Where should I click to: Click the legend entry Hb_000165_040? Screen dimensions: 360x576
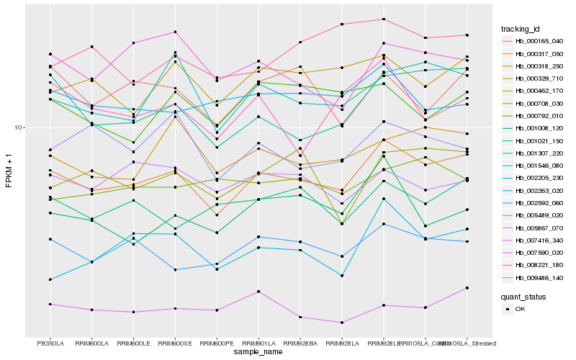pyautogui.click(x=539, y=41)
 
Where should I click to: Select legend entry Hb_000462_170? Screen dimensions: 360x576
pyautogui.click(x=539, y=91)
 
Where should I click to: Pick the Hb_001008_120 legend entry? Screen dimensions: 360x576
pyautogui.click(x=539, y=127)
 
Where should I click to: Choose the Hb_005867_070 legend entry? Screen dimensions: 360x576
pyautogui.click(x=539, y=227)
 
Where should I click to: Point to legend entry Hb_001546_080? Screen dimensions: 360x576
pyautogui.click(x=539, y=165)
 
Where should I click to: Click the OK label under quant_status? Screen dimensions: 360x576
pyautogui.click(x=520, y=309)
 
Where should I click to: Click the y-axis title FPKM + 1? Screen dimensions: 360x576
pyautogui.click(x=9, y=171)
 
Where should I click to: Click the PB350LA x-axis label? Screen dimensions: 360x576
pyautogui.click(x=50, y=343)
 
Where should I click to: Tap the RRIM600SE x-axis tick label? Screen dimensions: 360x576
pyautogui.click(x=175, y=343)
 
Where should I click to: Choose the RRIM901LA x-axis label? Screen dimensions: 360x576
pyautogui.click(x=258, y=343)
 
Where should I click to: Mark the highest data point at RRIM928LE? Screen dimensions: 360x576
pyautogui.click(x=384, y=19)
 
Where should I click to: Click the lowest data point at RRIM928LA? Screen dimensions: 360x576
pyautogui.click(x=342, y=323)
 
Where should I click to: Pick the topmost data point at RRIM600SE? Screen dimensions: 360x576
pyautogui.click(x=175, y=32)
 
